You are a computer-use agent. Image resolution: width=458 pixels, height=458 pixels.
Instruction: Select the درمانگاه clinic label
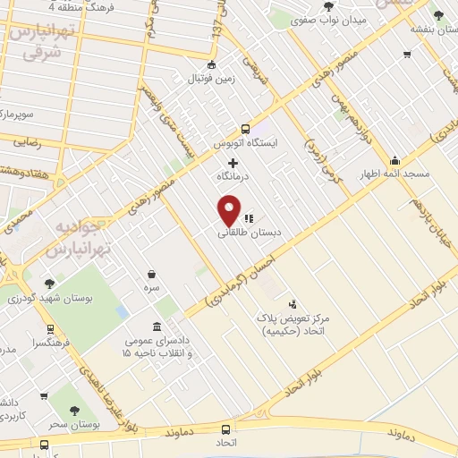233,177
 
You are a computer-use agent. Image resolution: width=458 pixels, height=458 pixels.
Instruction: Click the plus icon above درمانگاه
233,163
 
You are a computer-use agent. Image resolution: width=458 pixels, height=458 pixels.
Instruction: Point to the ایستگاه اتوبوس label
244,142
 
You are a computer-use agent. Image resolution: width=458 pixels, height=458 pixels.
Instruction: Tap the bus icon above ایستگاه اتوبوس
244,128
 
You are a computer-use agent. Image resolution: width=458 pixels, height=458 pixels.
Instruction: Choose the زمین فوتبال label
210,79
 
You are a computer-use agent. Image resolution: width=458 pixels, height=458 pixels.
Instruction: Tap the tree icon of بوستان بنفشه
437,14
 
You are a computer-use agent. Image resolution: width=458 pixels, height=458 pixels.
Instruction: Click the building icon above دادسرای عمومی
157,326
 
